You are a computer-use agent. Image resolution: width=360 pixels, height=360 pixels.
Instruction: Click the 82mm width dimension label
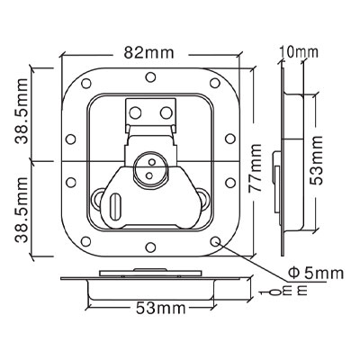click(x=149, y=53)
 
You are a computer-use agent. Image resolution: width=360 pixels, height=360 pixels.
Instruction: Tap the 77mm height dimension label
click(x=256, y=168)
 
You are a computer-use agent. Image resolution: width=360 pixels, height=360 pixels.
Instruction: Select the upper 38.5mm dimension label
click(x=22, y=112)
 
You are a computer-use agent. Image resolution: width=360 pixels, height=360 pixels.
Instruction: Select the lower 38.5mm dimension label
click(x=22, y=209)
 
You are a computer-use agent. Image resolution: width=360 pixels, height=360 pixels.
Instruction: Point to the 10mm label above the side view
click(x=298, y=52)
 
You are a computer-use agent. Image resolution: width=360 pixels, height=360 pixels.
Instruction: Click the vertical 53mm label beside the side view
click(x=316, y=160)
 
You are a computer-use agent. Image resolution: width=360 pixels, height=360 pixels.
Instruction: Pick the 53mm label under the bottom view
click(x=161, y=308)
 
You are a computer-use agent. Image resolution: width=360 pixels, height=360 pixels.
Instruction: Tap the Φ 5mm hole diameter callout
click(x=315, y=274)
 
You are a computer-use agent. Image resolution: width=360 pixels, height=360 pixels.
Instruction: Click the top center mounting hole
click(x=150, y=77)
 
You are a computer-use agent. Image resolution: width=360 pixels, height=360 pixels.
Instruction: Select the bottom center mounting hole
click(x=150, y=247)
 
